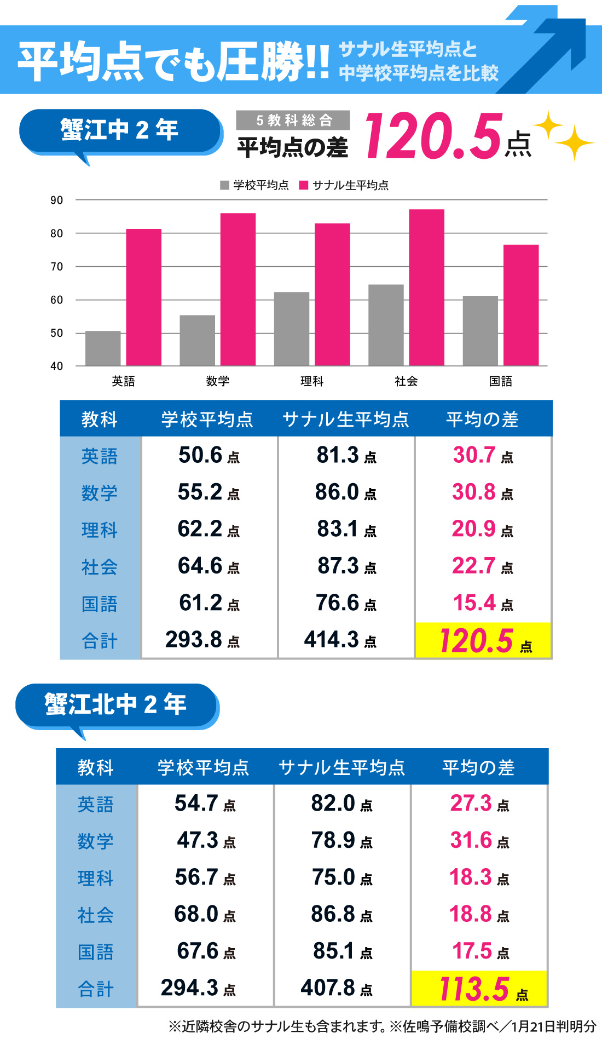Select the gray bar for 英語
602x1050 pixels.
click(x=103, y=348)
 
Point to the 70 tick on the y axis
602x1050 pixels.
click(x=56, y=267)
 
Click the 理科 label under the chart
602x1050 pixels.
click(x=312, y=381)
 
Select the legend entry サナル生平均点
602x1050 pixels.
click(x=344, y=185)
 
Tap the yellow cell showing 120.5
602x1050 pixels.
click(x=483, y=640)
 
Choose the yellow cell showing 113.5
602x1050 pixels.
click(x=479, y=989)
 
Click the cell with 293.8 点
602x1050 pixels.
click(x=202, y=640)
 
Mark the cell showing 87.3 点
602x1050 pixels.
click(x=346, y=566)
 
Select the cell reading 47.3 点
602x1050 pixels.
click(x=206, y=840)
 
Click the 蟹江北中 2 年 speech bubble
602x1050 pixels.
click(x=116, y=705)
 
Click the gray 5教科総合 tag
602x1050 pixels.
click(x=293, y=120)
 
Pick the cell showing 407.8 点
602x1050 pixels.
click(x=336, y=988)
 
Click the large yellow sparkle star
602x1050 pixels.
click(x=574, y=142)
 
